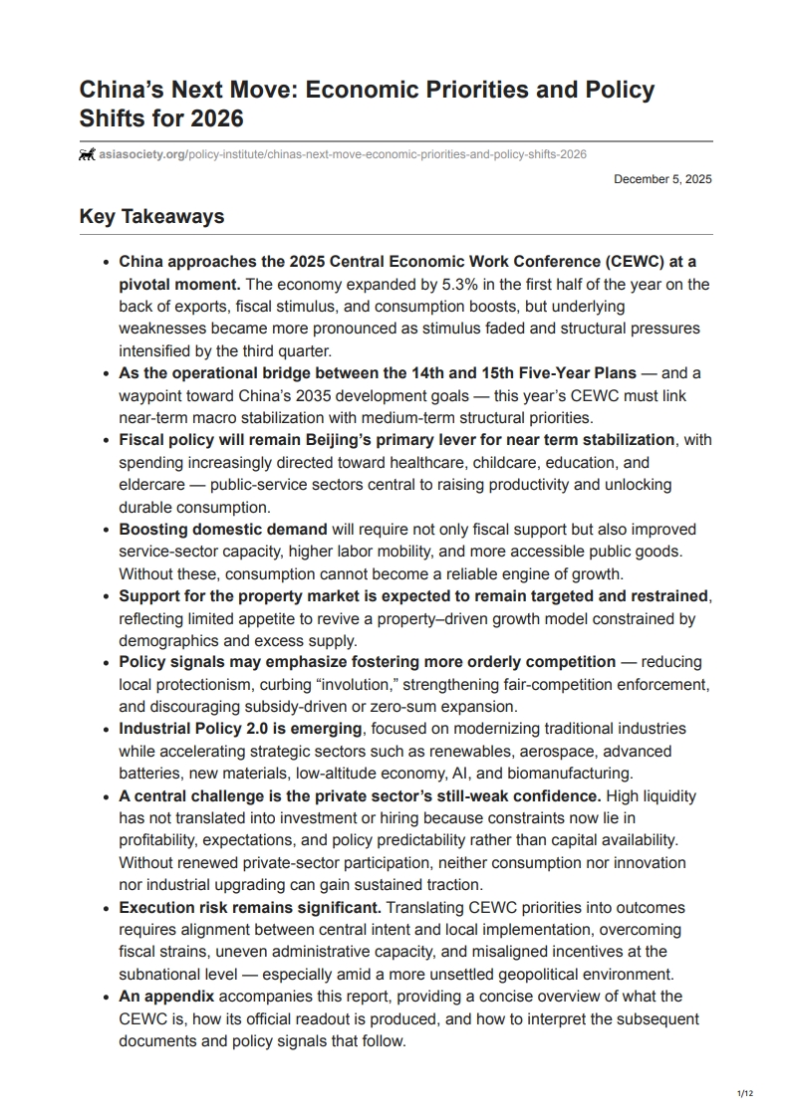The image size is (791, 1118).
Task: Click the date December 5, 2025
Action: click(x=662, y=179)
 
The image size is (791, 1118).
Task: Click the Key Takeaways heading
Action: click(x=151, y=216)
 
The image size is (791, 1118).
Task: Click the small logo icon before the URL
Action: click(x=88, y=154)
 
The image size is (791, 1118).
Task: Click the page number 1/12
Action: click(x=744, y=1094)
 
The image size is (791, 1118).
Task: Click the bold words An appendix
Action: click(x=166, y=997)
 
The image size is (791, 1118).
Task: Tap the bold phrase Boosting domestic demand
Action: click(x=223, y=529)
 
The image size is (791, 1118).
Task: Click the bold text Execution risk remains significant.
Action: click(x=250, y=908)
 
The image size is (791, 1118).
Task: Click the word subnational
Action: click(x=165, y=974)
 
